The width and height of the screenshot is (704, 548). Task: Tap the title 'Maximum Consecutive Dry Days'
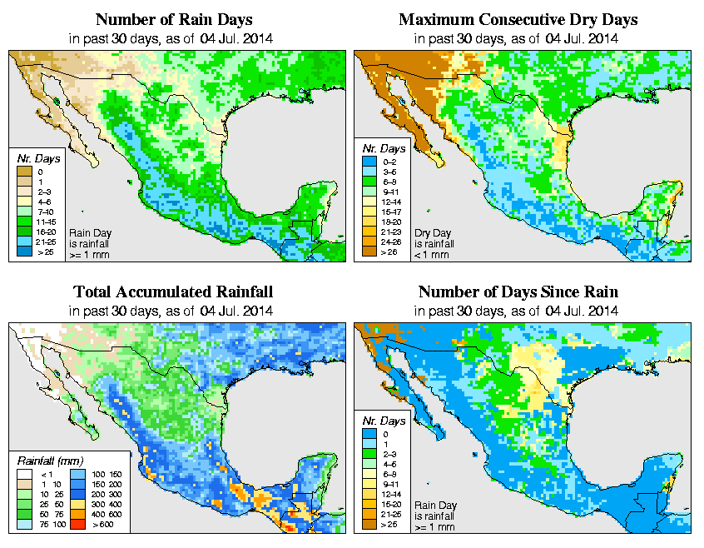tap(518, 19)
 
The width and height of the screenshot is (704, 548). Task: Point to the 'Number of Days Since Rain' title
tap(518, 292)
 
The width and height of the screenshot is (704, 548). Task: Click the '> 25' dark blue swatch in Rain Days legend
tap(24, 251)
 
